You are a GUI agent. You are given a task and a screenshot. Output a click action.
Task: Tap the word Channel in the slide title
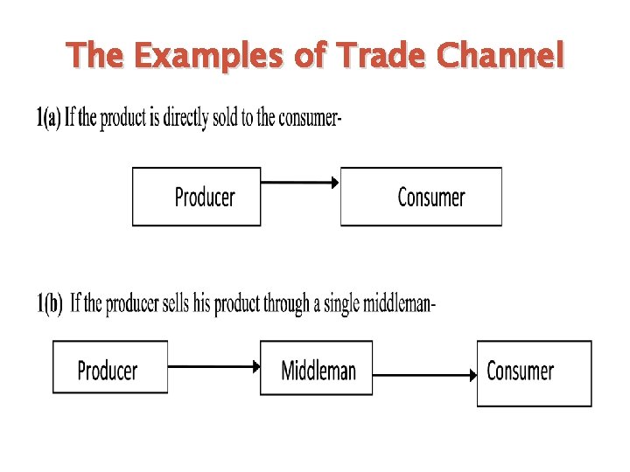point(500,56)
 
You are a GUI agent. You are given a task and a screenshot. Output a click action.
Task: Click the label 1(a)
point(48,118)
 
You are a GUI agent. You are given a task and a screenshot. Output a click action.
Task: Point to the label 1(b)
point(50,304)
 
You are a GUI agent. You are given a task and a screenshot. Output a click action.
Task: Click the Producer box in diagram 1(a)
point(197,197)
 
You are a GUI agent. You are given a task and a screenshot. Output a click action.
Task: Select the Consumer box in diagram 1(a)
point(422,197)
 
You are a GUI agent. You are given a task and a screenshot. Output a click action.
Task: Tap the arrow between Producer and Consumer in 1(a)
point(300,183)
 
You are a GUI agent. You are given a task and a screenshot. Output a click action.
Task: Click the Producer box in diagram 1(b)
point(109,369)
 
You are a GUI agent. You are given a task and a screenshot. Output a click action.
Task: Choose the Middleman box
point(317,369)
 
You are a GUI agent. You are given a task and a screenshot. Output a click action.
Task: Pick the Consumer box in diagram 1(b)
point(534,373)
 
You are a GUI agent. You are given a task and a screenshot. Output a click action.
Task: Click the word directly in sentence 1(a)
point(181,118)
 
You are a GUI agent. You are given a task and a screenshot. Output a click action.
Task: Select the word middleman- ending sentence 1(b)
point(397,304)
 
